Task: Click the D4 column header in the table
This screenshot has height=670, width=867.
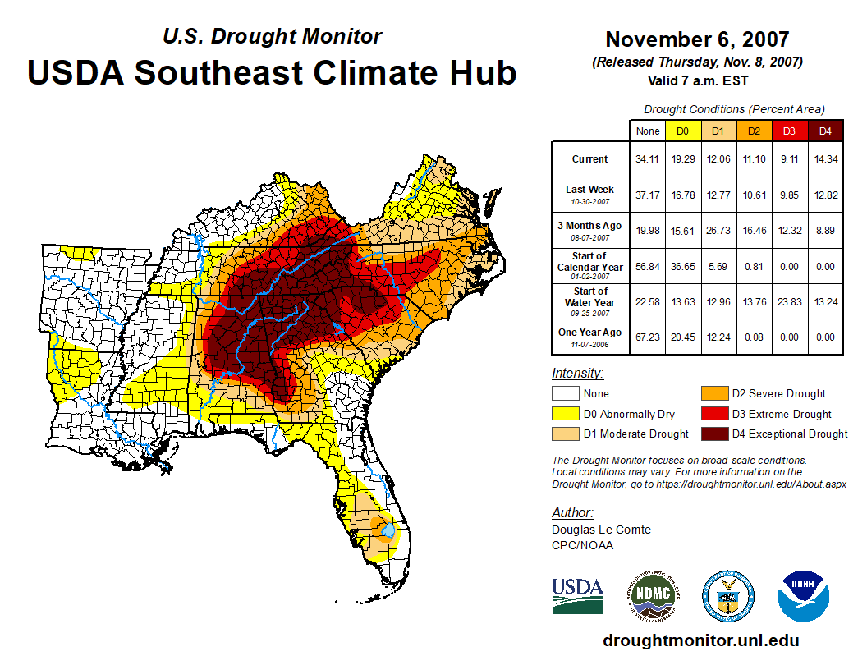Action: [x=825, y=131]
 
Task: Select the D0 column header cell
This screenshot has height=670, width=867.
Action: [x=683, y=131]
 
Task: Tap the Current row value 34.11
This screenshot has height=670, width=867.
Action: [x=648, y=159]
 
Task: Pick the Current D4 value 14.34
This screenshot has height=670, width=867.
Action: [x=825, y=159]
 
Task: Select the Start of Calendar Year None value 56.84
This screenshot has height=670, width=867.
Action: [x=648, y=266]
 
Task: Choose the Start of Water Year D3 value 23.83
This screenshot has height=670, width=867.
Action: [x=790, y=301]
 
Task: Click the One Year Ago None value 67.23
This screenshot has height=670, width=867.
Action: [x=648, y=337]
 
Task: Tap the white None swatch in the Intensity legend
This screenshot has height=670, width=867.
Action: [x=564, y=393]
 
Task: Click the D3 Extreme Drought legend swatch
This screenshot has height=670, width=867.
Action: [x=713, y=414]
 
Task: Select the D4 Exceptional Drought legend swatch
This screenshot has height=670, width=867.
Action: [x=713, y=434]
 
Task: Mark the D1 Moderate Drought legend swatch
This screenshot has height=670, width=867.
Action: [x=564, y=434]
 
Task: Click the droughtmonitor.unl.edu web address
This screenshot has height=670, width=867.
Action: [x=700, y=640]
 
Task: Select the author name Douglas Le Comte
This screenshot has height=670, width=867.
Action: [x=601, y=530]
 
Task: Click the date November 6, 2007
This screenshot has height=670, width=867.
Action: [x=697, y=39]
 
